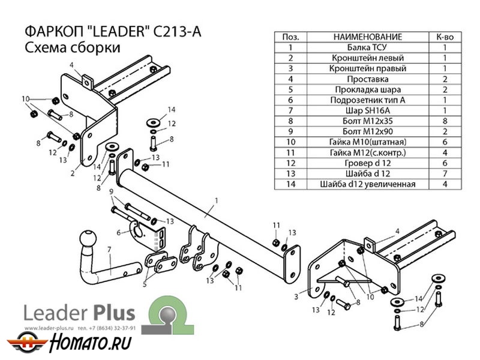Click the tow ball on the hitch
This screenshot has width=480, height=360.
click(89, 239)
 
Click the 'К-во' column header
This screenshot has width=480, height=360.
click(445, 37)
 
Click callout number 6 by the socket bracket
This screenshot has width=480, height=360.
click(119, 233)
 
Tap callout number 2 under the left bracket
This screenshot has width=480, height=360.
click(73, 173)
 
